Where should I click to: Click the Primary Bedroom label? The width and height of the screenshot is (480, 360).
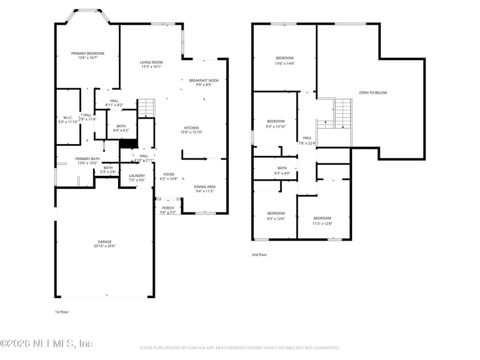tap(88, 53)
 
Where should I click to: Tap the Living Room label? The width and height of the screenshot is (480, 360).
tap(151, 62)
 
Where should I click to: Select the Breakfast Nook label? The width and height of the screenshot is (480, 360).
tap(203, 80)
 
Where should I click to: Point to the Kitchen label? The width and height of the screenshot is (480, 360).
tap(191, 128)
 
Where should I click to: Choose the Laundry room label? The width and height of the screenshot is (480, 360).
tap(137, 176)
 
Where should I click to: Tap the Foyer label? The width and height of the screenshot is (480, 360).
tap(169, 174)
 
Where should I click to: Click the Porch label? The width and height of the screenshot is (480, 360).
tap(168, 208)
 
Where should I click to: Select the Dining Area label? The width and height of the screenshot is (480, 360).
tap(205, 187)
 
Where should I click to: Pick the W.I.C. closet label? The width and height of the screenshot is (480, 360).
tap(68, 118)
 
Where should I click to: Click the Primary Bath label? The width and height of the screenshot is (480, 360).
tap(87, 159)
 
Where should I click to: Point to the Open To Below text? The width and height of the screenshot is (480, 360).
tap(373, 92)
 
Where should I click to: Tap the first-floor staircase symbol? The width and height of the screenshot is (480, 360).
tap(146, 109)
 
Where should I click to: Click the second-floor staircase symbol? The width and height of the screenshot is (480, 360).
tap(342, 113)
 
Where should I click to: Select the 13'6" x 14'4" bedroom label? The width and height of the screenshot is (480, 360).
tap(284, 58)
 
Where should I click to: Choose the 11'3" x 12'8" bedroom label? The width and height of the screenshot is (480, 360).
tap(322, 218)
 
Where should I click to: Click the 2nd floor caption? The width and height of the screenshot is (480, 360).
tap(259, 255)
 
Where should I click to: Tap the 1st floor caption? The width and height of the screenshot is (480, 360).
tap(62, 313)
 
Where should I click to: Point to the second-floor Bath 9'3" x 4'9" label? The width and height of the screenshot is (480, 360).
tap(282, 169)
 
